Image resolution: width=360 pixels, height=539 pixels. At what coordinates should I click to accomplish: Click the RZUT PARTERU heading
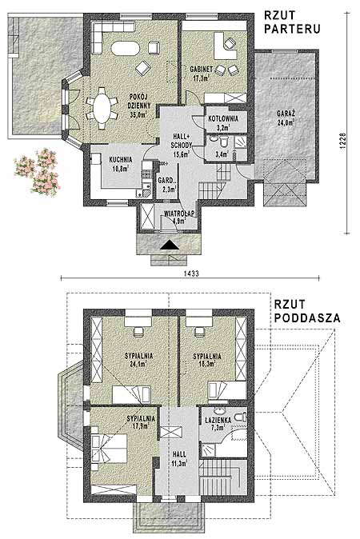point(292,22)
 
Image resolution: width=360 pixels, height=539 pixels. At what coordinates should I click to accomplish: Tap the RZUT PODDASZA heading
point(307,311)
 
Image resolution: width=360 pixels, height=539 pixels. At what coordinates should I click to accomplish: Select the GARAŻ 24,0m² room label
point(286,118)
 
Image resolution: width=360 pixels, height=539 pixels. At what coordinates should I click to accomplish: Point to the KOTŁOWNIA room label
point(223,119)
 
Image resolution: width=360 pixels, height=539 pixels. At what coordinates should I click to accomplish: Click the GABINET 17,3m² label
point(202,74)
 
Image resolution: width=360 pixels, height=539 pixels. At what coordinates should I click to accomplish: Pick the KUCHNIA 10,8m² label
point(120,164)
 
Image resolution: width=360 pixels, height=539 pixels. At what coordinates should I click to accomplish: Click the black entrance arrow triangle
point(170,245)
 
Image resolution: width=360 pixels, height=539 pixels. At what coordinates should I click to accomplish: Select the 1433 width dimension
point(191,273)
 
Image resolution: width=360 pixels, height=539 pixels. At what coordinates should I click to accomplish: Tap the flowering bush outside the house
point(37,171)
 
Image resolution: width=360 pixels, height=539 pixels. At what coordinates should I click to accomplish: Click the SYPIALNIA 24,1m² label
point(138,360)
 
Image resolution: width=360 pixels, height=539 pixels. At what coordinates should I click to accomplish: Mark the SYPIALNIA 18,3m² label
point(207,360)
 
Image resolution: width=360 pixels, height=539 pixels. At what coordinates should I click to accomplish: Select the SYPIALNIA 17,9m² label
point(141,422)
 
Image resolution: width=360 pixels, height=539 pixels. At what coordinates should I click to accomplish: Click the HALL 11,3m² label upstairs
point(179,458)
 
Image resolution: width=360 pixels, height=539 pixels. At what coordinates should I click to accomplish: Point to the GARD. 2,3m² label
point(167,185)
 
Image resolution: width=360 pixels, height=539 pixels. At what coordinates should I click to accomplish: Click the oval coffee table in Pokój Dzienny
point(126,48)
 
